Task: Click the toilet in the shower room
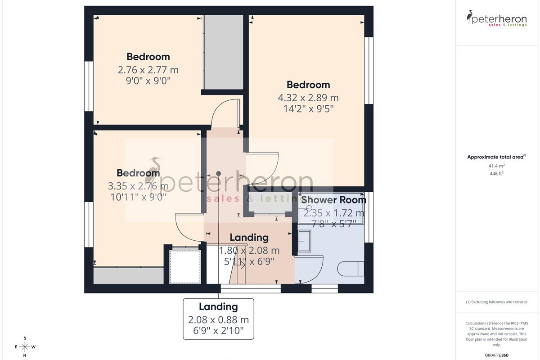tap(351, 269)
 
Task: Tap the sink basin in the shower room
tap(305, 241)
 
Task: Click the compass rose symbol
tap(25, 347)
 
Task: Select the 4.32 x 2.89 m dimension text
tap(308, 98)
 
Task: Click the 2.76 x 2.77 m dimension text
tap(148, 70)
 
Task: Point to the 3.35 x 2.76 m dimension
tap(138, 186)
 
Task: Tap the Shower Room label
tap(333, 200)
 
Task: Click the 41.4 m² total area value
tap(496, 166)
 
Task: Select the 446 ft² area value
tap(496, 173)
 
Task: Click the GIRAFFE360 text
tap(496, 355)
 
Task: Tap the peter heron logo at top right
tap(496, 18)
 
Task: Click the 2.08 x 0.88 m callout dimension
tap(218, 320)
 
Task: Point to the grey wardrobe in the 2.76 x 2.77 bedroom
tap(224, 52)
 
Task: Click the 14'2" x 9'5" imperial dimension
tap(308, 109)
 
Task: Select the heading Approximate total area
tap(496, 157)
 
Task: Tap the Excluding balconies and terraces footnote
tap(496, 302)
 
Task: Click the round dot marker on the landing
tap(218, 174)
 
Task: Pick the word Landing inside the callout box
tap(218, 307)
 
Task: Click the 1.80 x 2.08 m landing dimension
tap(249, 251)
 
